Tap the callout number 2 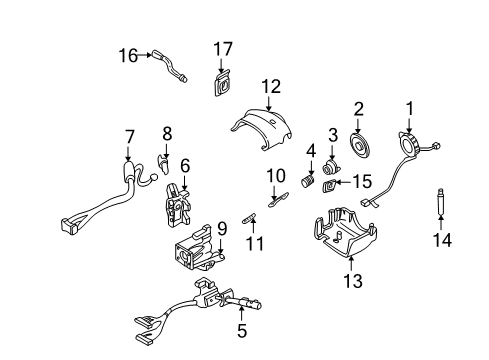[358, 109]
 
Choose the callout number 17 [222, 47]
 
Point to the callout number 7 [128, 136]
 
